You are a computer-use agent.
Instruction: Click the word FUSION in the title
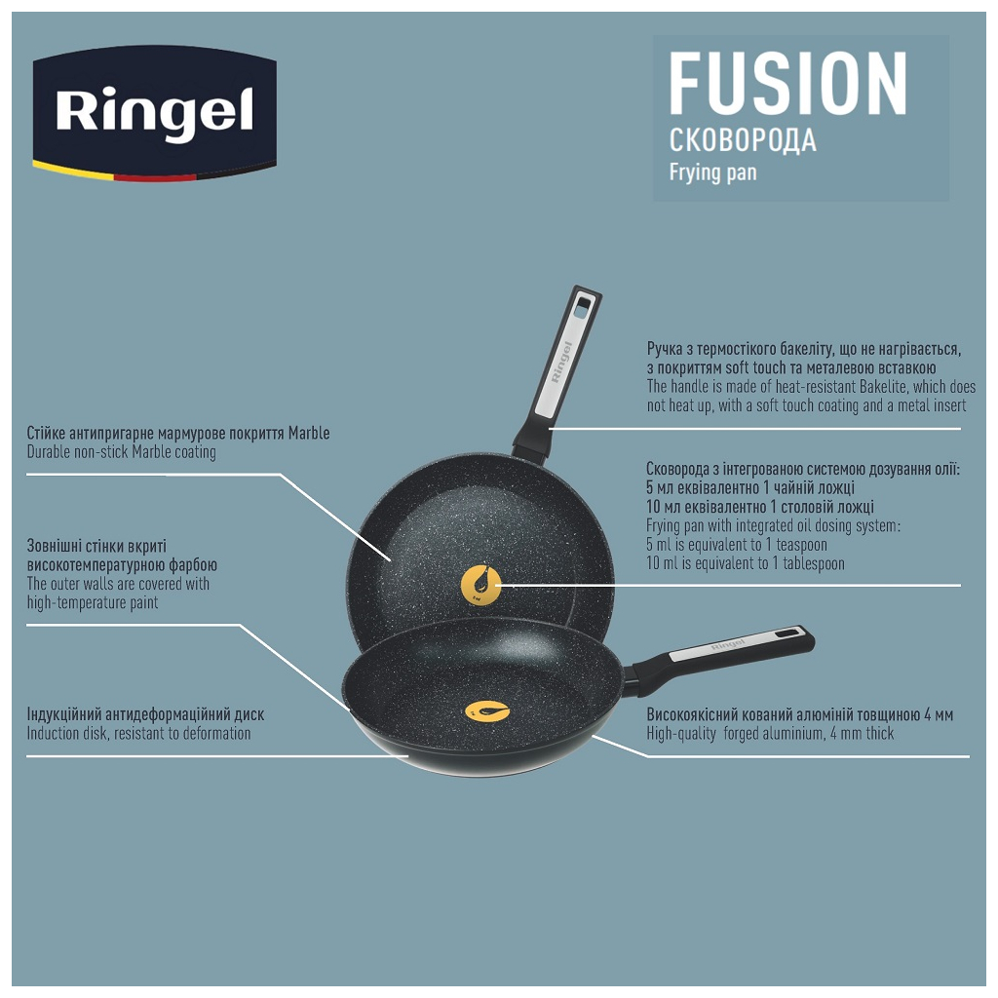(787, 86)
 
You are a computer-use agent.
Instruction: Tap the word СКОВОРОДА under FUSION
(743, 141)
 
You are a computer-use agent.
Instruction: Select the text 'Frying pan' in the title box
(712, 173)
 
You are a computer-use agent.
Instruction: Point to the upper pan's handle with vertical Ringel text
(562, 365)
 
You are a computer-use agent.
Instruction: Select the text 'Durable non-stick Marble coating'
(121, 452)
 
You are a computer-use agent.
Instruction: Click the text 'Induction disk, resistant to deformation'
(138, 734)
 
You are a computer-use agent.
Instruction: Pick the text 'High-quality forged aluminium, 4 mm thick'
(770, 734)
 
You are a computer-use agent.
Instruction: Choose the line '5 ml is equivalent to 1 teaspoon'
(736, 545)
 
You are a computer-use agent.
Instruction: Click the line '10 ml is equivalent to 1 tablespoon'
(745, 563)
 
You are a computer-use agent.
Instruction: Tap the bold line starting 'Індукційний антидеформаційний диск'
(145, 715)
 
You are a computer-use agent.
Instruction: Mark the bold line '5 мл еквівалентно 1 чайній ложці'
(750, 488)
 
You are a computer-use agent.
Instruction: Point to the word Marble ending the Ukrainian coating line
(308, 434)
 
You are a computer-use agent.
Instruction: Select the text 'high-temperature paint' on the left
(93, 603)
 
